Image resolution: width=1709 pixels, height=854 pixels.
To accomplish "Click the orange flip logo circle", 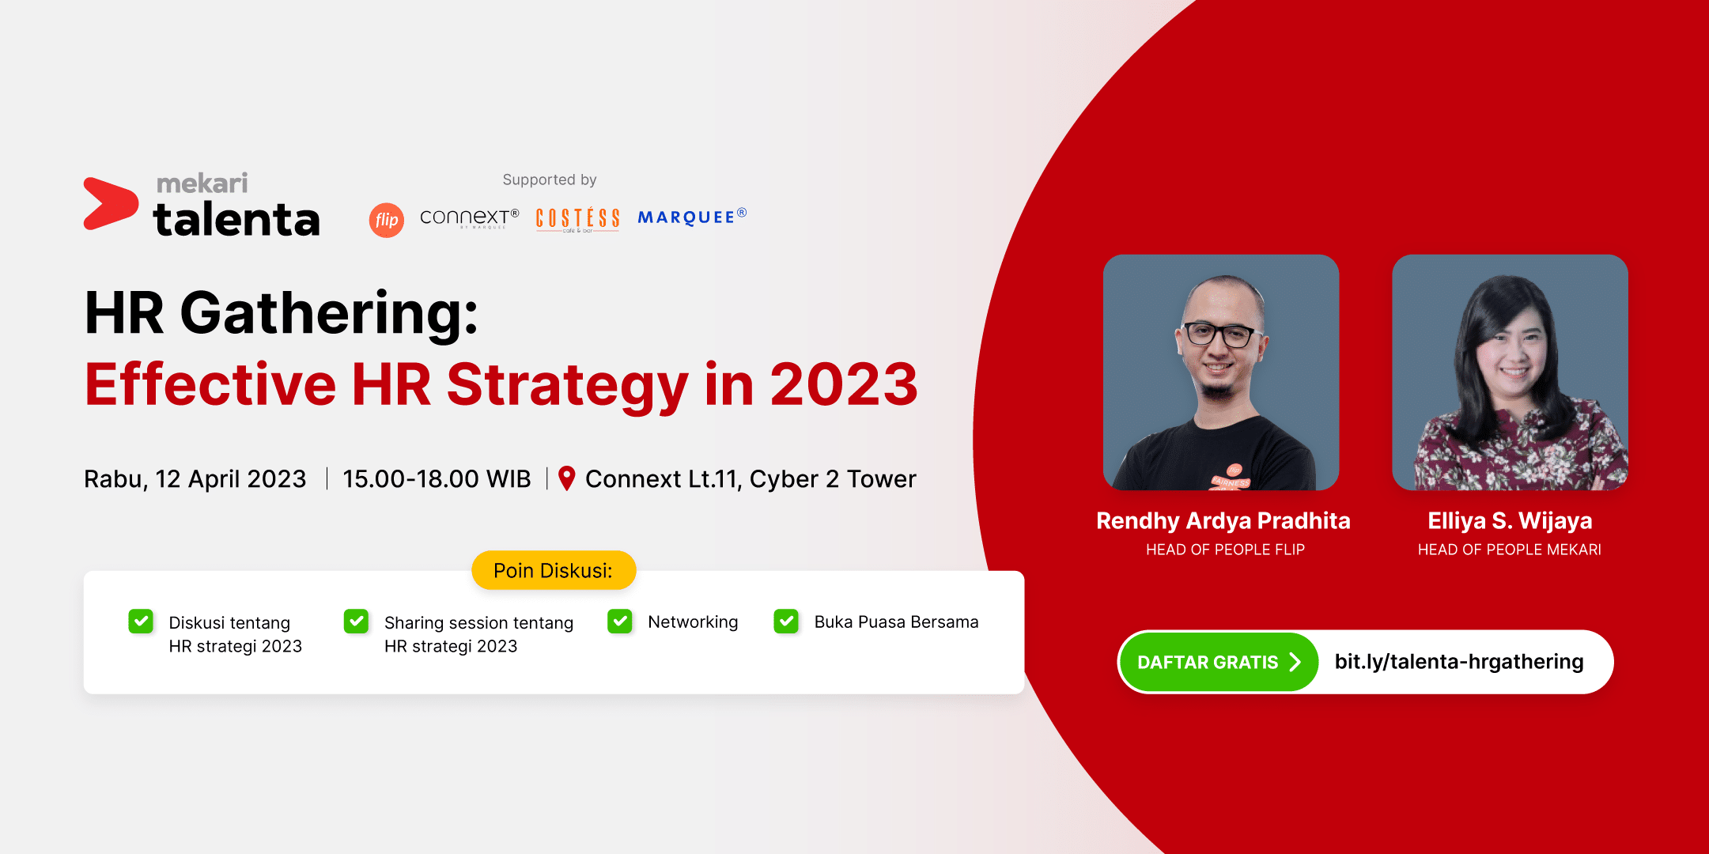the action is [387, 220].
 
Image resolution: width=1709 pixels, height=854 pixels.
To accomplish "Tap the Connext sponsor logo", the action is [470, 217].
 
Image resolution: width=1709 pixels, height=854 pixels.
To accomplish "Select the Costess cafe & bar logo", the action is [578, 219].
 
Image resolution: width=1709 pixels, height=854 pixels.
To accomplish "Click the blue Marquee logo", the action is [692, 217].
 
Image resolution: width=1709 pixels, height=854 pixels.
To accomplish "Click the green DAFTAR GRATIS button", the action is [1219, 662].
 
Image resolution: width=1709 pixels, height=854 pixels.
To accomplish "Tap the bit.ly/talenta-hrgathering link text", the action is [1459, 662].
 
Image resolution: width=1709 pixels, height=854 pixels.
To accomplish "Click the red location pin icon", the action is [566, 478].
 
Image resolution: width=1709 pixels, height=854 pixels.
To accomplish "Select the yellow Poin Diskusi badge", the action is [554, 570].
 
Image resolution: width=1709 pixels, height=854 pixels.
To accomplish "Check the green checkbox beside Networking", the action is [620, 622].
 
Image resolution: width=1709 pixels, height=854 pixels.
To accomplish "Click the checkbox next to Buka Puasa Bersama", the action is [786, 622].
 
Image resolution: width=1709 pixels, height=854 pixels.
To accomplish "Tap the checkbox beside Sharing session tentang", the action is [357, 622].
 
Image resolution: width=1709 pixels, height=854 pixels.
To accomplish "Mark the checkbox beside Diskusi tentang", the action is [141, 622].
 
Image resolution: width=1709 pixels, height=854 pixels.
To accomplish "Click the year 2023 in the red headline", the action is [844, 384].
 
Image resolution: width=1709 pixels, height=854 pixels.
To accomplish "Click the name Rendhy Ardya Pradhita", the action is [1223, 520].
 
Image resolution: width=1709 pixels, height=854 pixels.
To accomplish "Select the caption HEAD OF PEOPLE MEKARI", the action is [1509, 550].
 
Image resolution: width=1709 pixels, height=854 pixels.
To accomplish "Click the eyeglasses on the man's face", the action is [1219, 334].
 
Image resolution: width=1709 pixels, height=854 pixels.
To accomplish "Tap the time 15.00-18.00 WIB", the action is [437, 478].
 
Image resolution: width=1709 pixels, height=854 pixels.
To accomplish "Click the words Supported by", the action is [550, 180].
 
